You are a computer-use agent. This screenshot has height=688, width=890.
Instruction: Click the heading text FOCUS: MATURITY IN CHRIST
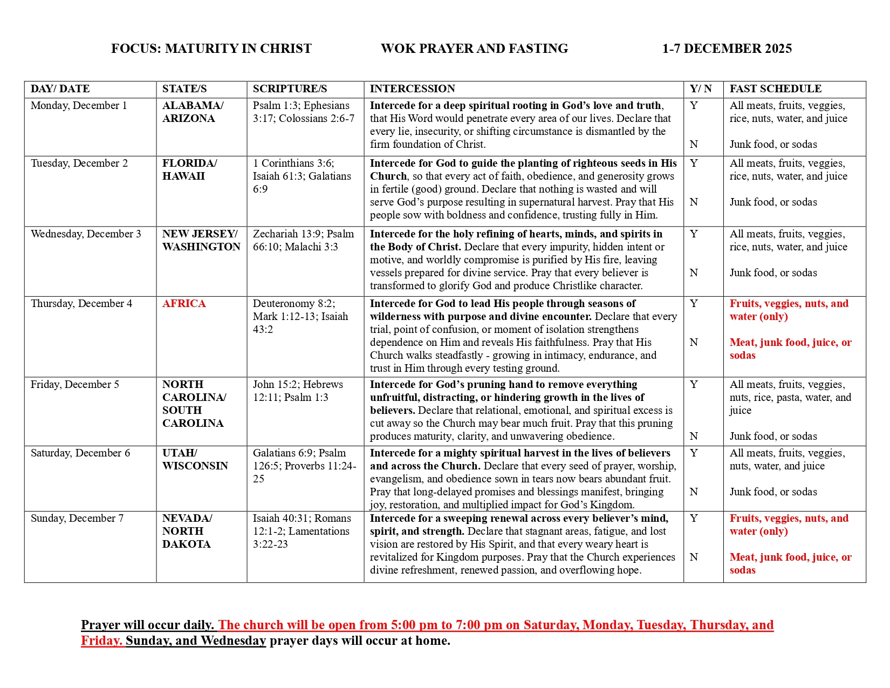pyautogui.click(x=211, y=49)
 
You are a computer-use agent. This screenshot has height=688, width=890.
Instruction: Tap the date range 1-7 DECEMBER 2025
pyautogui.click(x=727, y=49)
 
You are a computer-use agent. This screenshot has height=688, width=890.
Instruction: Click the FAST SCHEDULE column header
pyautogui.click(x=775, y=89)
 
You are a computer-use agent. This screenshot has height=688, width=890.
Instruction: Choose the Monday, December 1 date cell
pyautogui.click(x=79, y=106)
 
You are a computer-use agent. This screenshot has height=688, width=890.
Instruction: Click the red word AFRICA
pyautogui.click(x=184, y=304)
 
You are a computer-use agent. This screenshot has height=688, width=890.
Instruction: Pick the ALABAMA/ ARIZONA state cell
pyautogui.click(x=193, y=112)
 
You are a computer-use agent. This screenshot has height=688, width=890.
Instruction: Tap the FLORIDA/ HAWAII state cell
pyautogui.click(x=189, y=170)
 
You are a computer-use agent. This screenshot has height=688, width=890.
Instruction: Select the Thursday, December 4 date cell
pyautogui.click(x=81, y=304)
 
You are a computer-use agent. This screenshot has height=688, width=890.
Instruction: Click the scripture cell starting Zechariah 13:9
pyautogui.click(x=303, y=241)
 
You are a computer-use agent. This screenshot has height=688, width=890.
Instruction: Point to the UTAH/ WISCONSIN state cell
pyautogui.click(x=195, y=460)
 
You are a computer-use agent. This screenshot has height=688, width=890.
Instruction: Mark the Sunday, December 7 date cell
pyautogui.click(x=77, y=519)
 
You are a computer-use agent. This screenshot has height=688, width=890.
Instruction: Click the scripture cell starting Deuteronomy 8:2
pyautogui.click(x=300, y=317)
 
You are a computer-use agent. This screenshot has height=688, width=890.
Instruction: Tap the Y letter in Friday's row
pyautogui.click(x=694, y=385)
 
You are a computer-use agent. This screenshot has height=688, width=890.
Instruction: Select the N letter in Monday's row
pyautogui.click(x=694, y=145)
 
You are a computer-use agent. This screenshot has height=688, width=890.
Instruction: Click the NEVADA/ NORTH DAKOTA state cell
pyautogui.click(x=187, y=532)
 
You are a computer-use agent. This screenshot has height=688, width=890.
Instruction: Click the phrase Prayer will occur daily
pyautogui.click(x=147, y=625)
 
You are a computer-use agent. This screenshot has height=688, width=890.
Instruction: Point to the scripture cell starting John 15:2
pyautogui.click(x=298, y=391)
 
